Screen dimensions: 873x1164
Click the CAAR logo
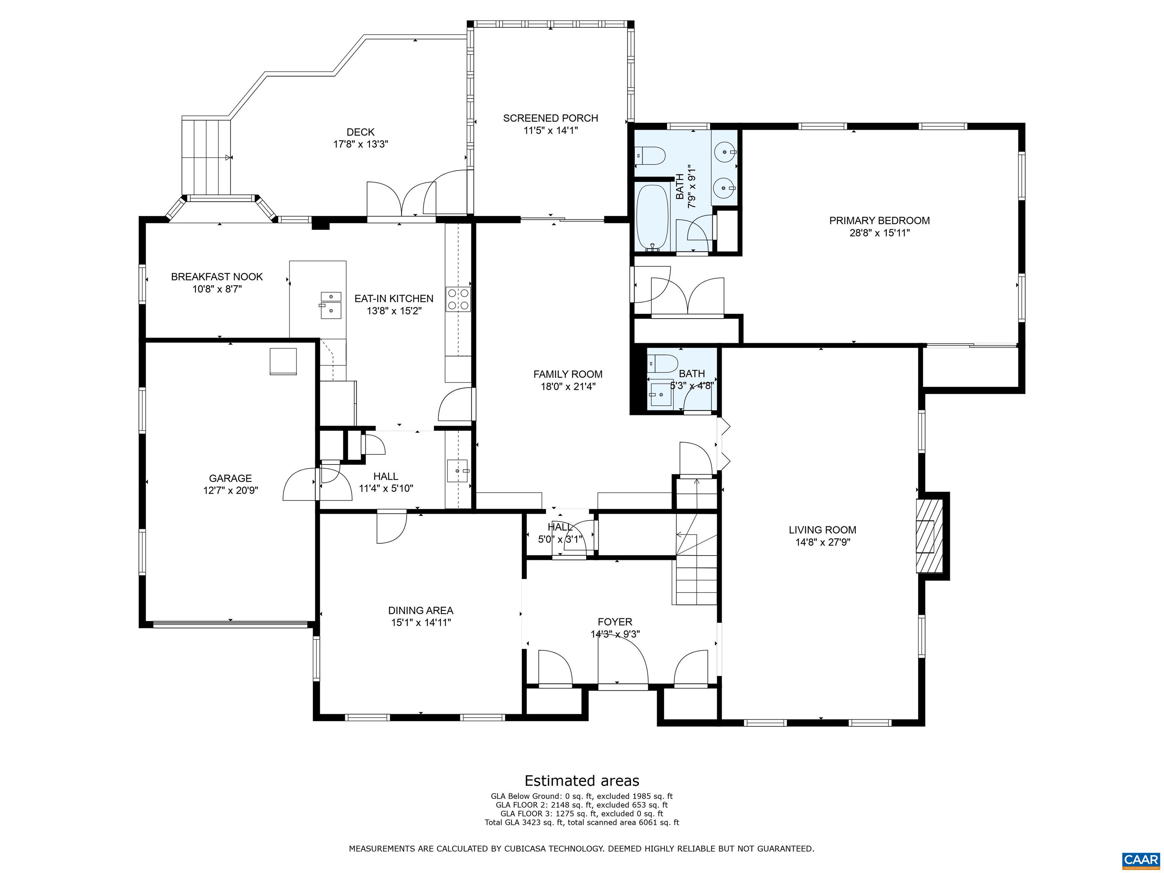[1141, 860]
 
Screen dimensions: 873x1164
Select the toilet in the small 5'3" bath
[662, 363]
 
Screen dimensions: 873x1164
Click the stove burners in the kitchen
[458, 299]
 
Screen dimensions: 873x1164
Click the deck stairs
[206, 157]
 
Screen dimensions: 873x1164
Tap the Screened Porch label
[551, 118]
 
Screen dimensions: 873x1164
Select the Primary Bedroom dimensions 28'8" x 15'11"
[879, 233]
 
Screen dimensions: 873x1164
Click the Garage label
[230, 478]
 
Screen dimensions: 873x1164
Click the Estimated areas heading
[582, 781]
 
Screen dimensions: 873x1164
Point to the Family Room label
[567, 374]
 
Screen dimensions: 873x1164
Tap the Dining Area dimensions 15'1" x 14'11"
[421, 623]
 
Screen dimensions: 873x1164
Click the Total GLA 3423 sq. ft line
[582, 822]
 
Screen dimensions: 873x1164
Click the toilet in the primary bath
[651, 155]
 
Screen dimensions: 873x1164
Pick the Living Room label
[822, 530]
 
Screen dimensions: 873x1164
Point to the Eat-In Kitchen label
[394, 298]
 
